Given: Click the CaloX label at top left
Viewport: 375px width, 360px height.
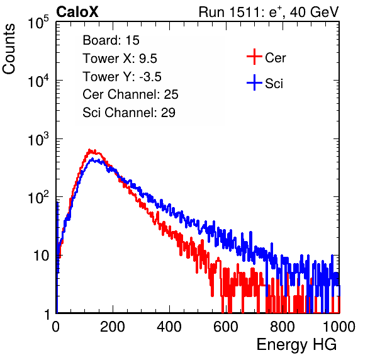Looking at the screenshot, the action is [77, 12].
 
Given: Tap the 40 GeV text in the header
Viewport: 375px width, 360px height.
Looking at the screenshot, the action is [314, 12].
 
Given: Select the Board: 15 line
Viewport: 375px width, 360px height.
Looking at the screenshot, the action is [111, 40].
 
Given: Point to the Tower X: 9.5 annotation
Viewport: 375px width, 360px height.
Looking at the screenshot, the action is [120, 59].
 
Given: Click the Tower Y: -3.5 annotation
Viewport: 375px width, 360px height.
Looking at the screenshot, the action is [122, 77].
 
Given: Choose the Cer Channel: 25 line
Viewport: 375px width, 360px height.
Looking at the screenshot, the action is [130, 94].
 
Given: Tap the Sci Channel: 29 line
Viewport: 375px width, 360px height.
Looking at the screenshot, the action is [129, 113].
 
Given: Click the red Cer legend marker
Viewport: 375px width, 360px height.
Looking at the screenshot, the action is [254, 57].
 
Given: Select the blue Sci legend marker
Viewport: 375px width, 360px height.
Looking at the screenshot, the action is [254, 83].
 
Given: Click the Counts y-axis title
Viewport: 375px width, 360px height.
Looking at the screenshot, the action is [9, 49].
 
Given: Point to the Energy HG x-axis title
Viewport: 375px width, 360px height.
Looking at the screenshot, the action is [296, 345].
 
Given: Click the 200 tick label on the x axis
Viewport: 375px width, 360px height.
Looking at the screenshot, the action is [113, 327].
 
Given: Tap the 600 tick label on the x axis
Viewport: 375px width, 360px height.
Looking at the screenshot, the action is [226, 327].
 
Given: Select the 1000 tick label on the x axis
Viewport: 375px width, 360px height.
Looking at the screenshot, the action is [339, 327].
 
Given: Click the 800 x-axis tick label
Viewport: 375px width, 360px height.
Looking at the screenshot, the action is [283, 327].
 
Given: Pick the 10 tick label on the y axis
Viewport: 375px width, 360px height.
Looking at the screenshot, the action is [42, 256].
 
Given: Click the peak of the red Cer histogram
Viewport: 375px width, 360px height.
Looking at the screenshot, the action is [89, 150].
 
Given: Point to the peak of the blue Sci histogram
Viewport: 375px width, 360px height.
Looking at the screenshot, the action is [92, 159].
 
